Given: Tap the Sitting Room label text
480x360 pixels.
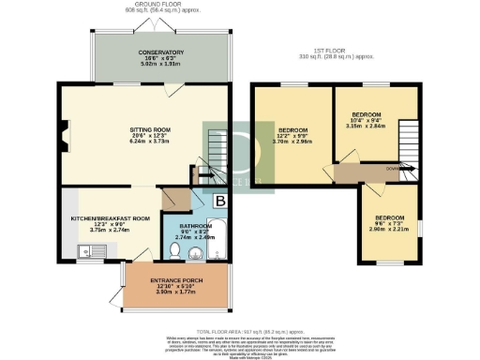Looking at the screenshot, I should pos(148,133).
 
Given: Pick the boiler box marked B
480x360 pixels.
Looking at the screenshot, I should pos(220,201).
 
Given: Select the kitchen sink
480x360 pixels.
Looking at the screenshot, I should pos(89,251).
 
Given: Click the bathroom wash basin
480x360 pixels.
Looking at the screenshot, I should pos(217,254).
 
